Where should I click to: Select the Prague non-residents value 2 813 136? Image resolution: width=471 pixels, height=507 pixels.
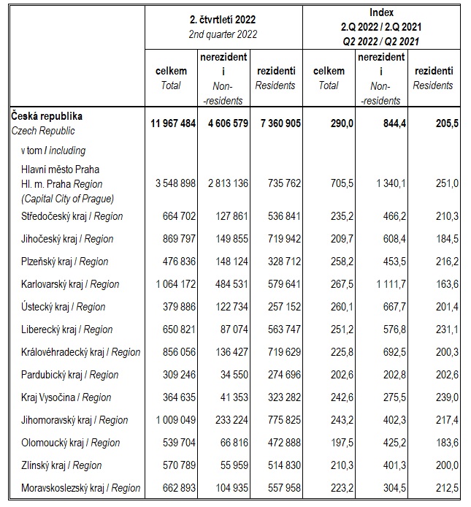click(222, 183)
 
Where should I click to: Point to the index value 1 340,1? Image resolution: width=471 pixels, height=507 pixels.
click(380, 183)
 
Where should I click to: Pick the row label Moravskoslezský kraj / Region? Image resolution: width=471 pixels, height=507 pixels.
click(75, 488)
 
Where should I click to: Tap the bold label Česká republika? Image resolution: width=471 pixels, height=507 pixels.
click(47, 116)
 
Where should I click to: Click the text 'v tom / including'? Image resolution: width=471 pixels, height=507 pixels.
click(53, 150)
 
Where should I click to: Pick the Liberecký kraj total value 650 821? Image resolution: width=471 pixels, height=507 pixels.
click(176, 329)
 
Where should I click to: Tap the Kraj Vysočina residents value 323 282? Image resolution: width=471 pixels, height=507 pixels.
click(278, 397)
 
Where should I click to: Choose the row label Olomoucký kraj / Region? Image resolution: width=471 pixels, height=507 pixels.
click(66, 443)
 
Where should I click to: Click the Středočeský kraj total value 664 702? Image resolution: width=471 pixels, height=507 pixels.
click(176, 216)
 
